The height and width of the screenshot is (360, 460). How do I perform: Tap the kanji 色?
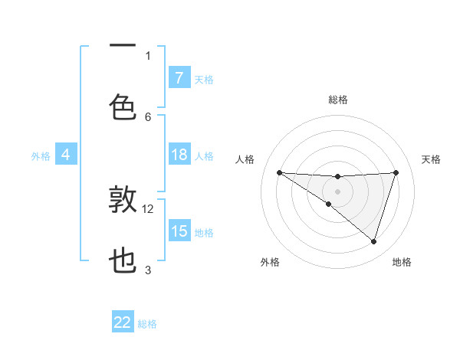point(123,107)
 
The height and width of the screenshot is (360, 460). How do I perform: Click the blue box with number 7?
point(179,77)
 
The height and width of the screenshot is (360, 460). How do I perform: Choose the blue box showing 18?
point(179,155)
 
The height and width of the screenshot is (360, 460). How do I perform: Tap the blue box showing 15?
point(179,231)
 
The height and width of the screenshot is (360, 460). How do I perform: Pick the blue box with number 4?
point(66,155)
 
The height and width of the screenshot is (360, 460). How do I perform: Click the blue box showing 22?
point(123,323)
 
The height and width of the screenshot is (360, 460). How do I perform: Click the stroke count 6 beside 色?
point(148,116)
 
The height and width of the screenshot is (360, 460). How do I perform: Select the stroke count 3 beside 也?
point(148,270)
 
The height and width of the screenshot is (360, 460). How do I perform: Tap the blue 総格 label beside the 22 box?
point(147,324)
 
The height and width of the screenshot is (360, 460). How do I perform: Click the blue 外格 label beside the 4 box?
point(41,156)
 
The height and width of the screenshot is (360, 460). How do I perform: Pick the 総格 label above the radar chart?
point(337,100)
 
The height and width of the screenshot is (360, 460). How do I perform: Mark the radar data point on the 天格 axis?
point(396,172)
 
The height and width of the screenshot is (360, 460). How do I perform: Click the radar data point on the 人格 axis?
point(279,172)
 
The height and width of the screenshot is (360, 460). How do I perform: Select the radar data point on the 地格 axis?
point(373,241)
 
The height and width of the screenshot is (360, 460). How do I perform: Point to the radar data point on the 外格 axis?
point(329,204)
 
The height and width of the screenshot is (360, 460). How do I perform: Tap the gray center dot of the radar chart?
point(337,191)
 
